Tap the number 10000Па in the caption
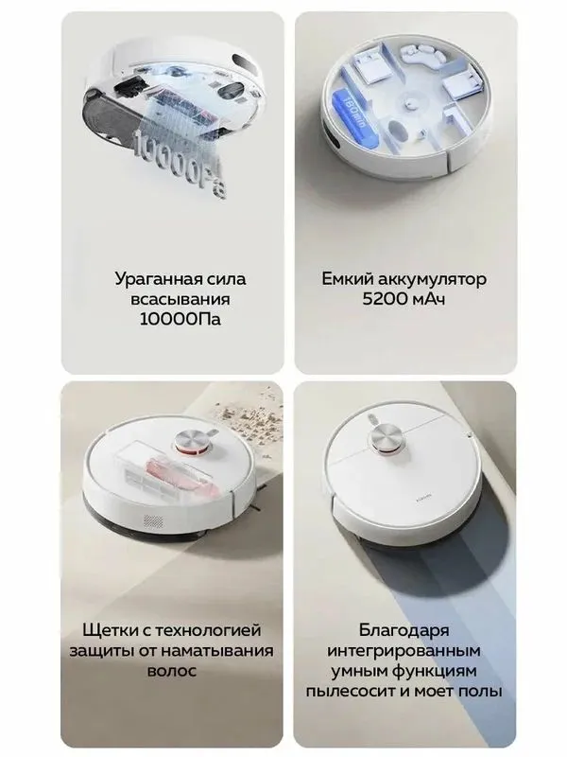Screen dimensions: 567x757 click(x=180, y=319)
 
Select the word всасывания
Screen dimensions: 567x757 click(x=180, y=299)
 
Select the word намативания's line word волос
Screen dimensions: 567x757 click(x=172, y=671)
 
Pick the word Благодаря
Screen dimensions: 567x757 click(x=404, y=630)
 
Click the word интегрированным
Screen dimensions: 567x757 click(x=404, y=651)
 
